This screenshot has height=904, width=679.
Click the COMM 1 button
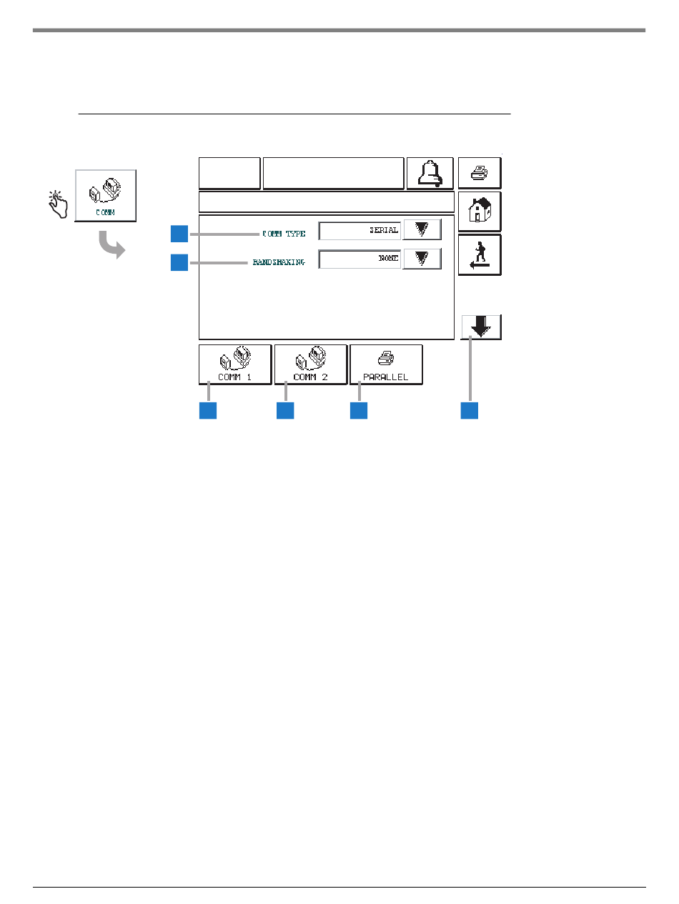pos(235,364)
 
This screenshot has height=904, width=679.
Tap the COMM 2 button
pos(311,364)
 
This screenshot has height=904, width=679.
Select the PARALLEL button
pos(386,364)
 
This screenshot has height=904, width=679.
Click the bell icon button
pos(430,173)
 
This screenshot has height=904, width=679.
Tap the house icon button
pos(480,211)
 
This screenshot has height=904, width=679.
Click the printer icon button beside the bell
pos(480,173)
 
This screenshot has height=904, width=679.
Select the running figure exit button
pos(480,254)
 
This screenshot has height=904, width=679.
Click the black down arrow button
pos(481,327)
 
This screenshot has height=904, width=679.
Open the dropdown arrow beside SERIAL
pos(422,229)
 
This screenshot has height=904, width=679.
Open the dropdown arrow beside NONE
pos(422,259)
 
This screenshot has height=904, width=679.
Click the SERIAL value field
pos(360,230)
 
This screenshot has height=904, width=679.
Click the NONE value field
pos(360,259)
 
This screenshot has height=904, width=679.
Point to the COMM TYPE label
pos(284,234)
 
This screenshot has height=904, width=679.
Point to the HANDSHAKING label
pos(279,262)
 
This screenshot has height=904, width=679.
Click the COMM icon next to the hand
pos(106,195)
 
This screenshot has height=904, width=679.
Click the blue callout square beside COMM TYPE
pos(179,234)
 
